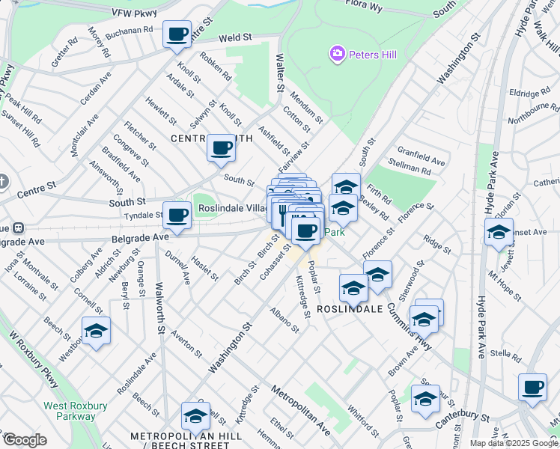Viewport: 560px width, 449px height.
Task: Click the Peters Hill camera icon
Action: pos(337,53)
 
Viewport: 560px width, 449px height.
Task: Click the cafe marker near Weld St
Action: pos(177,34)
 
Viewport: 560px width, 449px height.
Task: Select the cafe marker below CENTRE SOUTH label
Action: pos(221,148)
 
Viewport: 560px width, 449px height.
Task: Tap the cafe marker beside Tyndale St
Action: pos(177,216)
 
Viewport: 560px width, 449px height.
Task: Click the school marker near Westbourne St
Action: pos(96,331)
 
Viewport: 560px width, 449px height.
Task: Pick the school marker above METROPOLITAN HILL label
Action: pos(195,416)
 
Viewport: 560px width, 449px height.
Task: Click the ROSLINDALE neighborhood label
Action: pos(350,308)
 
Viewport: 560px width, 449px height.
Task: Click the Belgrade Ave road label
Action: pos(139,237)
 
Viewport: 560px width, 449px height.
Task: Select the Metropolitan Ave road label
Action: pos(300,411)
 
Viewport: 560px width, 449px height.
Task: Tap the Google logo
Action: pos(25,440)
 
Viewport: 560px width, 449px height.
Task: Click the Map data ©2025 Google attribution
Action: pos(514,443)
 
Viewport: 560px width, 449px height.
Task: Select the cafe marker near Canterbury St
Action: pos(532,387)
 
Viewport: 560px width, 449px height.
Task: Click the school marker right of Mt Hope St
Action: pos(499,232)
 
